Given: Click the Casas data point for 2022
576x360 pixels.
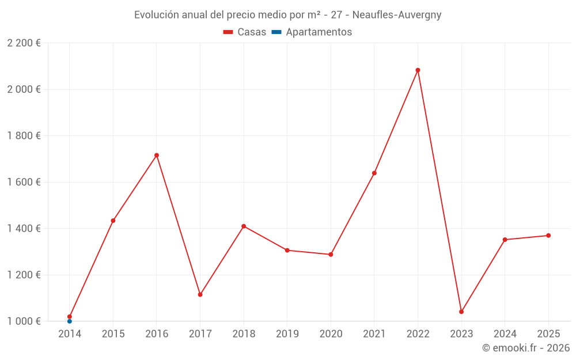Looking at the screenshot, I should click(x=418, y=70).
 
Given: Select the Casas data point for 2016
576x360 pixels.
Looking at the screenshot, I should click(x=157, y=155).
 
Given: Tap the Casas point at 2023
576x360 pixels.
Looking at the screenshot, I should click(x=461, y=312).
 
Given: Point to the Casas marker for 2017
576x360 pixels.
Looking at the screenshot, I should click(x=200, y=294).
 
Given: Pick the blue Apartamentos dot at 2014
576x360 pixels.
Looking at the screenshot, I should click(x=70, y=321).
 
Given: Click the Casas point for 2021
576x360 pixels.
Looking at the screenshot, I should click(x=374, y=173).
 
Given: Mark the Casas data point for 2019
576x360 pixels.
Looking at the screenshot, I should click(x=287, y=250).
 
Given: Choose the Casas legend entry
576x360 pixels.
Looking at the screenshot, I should click(x=245, y=32).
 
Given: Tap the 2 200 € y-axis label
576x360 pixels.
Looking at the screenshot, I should click(x=24, y=43).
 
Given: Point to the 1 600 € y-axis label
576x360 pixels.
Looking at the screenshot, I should click(x=24, y=182).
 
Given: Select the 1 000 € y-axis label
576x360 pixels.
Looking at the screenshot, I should click(x=24, y=321).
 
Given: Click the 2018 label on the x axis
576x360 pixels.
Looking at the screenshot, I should click(x=244, y=334).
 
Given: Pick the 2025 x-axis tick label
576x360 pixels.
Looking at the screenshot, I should click(x=548, y=334).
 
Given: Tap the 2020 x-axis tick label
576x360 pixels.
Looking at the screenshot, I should click(x=331, y=334).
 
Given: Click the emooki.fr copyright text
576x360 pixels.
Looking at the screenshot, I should click(x=525, y=348).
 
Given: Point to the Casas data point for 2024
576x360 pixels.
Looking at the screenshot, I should click(x=505, y=240).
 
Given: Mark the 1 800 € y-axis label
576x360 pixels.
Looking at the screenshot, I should click(x=24, y=136).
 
